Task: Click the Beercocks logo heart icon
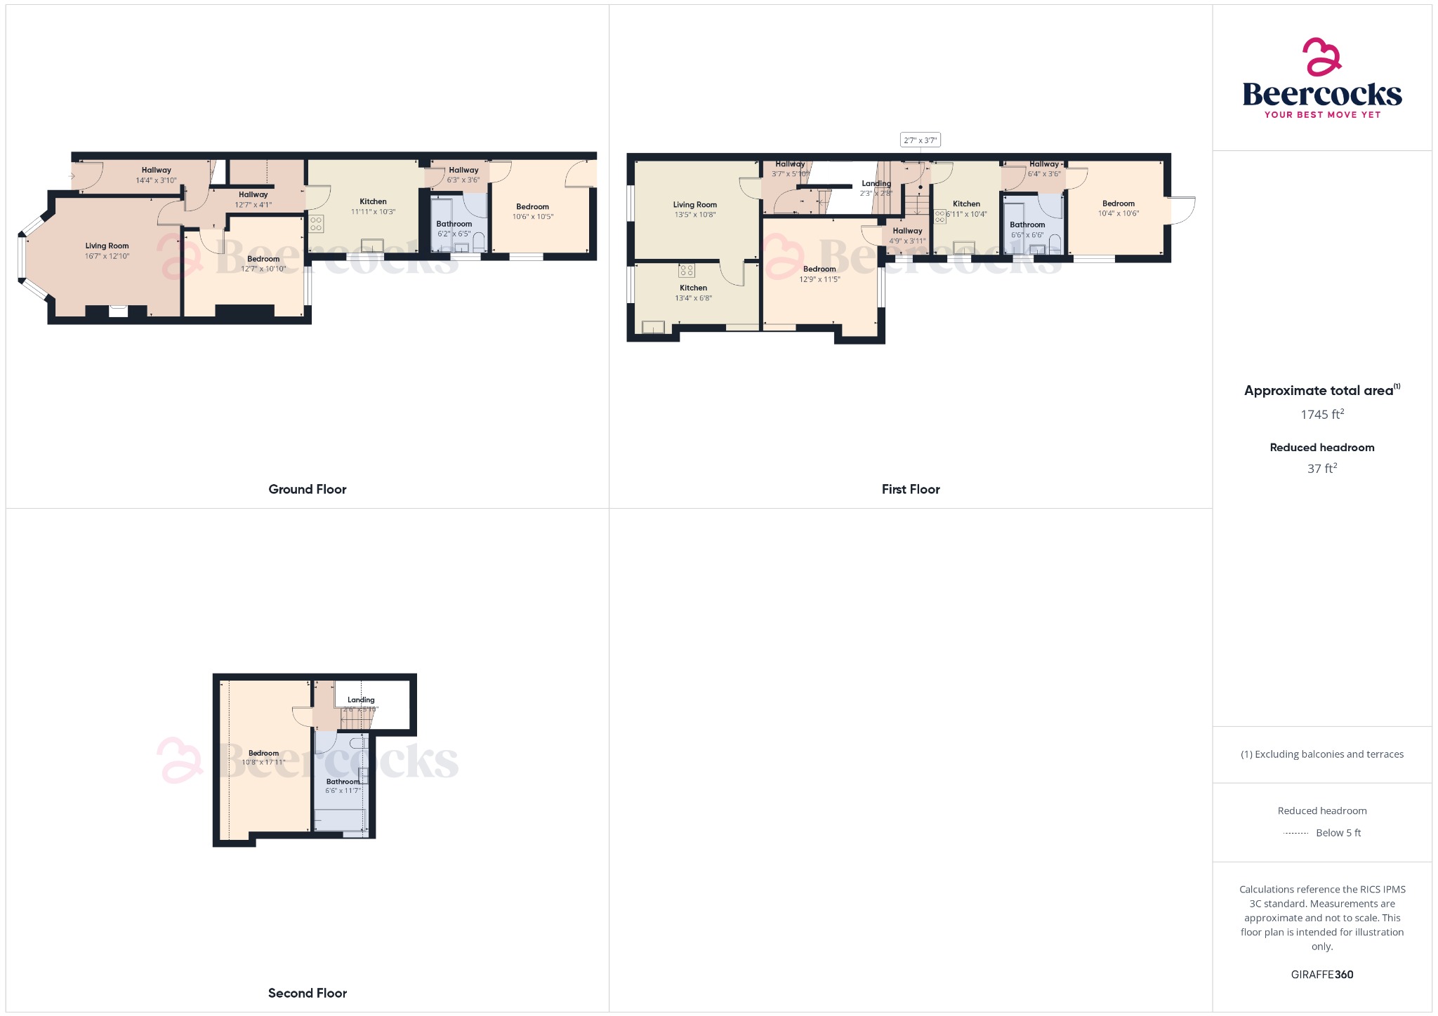pos(1322,57)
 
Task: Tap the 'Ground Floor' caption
pos(308,489)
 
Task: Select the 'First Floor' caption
pos(911,489)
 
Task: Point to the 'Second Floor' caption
pos(308,993)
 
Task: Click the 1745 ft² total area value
pos(1322,415)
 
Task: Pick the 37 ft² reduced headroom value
pos(1322,469)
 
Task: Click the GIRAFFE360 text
pos(1322,975)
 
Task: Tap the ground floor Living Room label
pos(107,246)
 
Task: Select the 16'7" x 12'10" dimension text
pos(107,256)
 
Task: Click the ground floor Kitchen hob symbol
pos(316,224)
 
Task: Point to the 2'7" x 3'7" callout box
pos(920,140)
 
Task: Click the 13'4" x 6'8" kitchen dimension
pos(694,298)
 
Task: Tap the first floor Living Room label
pos(695,205)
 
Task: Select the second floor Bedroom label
pos(263,753)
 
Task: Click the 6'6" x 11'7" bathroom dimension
pos(343,791)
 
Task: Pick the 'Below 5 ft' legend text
pos(1338,833)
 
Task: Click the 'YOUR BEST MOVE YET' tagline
pos(1322,115)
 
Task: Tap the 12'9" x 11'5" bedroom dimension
pos(819,279)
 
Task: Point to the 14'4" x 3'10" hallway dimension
pos(157,180)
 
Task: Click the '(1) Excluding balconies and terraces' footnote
pos(1322,754)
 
